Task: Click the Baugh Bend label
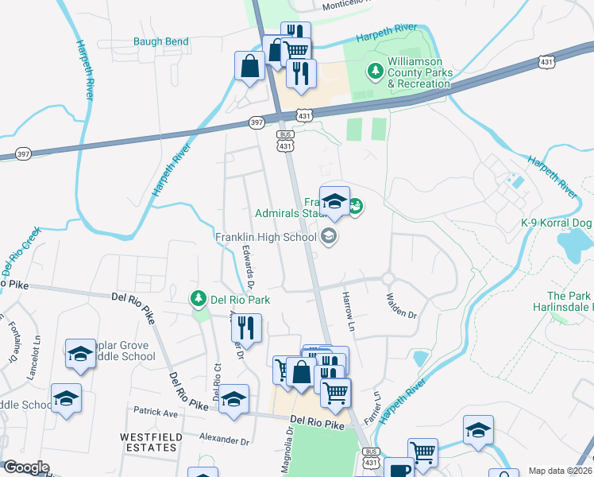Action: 161,41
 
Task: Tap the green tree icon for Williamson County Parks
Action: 376,72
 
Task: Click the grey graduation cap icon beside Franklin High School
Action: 328,236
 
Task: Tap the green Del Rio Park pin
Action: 198,299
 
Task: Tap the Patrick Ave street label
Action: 156,413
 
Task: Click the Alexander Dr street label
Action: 225,439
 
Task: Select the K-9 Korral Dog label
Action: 556,223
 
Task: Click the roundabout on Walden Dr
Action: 388,278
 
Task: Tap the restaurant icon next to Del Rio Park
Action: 248,328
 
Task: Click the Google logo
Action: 27,467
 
